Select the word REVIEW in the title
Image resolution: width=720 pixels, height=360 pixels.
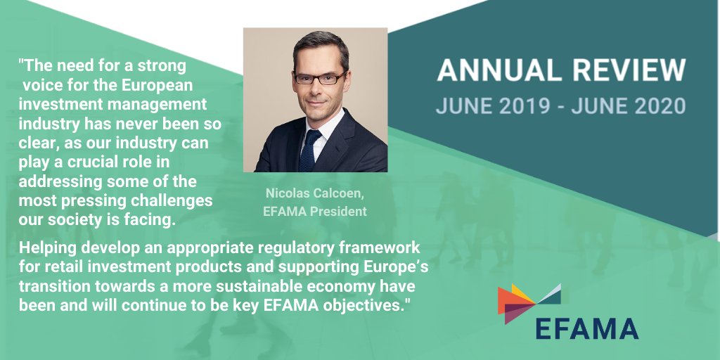pos(627,71)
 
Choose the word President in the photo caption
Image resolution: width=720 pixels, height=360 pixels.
pos(340,210)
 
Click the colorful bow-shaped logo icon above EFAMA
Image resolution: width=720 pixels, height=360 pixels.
pos(529,301)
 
